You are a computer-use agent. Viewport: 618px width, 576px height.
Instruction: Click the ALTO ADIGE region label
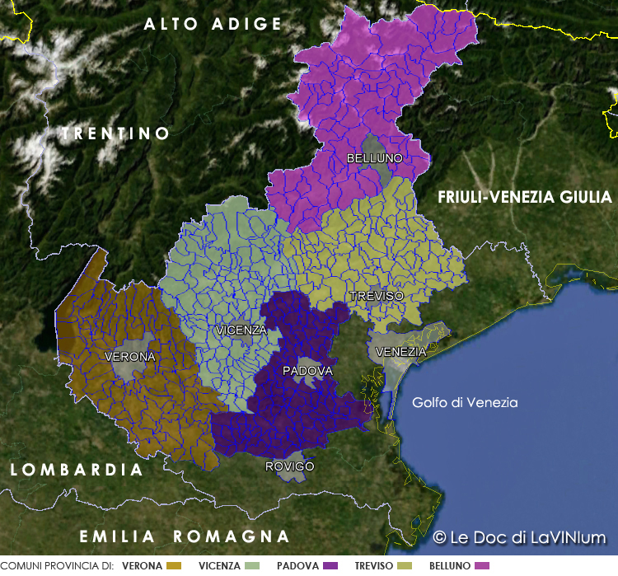click(213, 25)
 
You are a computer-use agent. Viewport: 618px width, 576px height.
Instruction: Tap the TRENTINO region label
click(115, 133)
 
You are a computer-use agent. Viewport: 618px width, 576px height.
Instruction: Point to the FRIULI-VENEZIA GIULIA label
click(525, 197)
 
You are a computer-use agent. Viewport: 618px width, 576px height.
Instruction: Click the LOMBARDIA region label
click(77, 470)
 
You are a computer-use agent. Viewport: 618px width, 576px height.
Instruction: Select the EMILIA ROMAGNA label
click(185, 536)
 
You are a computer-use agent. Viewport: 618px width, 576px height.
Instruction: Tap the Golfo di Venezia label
click(465, 402)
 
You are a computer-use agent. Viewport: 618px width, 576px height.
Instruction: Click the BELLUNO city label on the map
click(374, 157)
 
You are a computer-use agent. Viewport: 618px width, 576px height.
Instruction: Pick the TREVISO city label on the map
click(377, 295)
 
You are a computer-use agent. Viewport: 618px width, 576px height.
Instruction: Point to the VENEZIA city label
click(400, 352)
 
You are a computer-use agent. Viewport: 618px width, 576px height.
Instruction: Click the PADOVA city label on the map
click(307, 371)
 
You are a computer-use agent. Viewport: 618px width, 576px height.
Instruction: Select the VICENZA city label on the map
click(241, 330)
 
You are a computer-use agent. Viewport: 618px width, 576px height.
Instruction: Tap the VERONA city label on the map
click(130, 357)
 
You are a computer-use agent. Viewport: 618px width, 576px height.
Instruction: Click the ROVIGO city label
click(289, 466)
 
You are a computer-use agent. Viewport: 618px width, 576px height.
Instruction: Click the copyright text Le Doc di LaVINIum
click(519, 537)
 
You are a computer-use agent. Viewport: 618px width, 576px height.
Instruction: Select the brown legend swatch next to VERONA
click(173, 566)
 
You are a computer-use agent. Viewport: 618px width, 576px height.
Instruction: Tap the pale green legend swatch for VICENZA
click(252, 566)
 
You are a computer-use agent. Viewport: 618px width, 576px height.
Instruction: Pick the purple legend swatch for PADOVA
click(331, 566)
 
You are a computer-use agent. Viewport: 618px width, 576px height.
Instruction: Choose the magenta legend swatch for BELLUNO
click(482, 566)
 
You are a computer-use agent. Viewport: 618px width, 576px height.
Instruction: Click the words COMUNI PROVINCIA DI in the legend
click(57, 566)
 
